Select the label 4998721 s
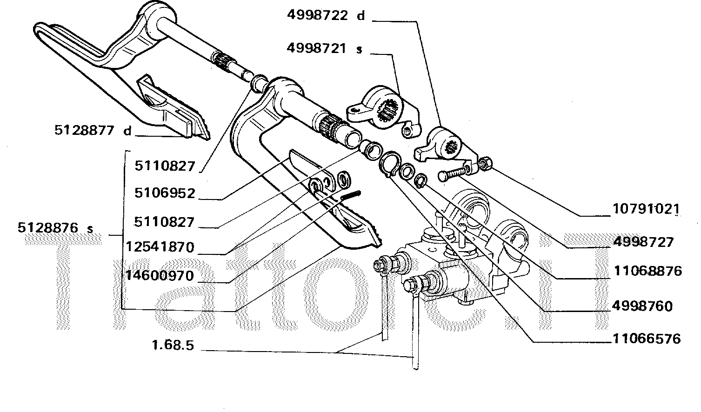click(x=324, y=48)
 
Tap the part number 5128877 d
click(x=93, y=131)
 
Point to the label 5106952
click(x=165, y=193)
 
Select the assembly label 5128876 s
click(x=55, y=228)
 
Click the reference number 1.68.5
click(x=173, y=346)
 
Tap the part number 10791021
click(x=644, y=209)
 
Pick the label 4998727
click(x=643, y=242)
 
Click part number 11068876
click(x=647, y=271)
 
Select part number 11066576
click(x=646, y=339)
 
